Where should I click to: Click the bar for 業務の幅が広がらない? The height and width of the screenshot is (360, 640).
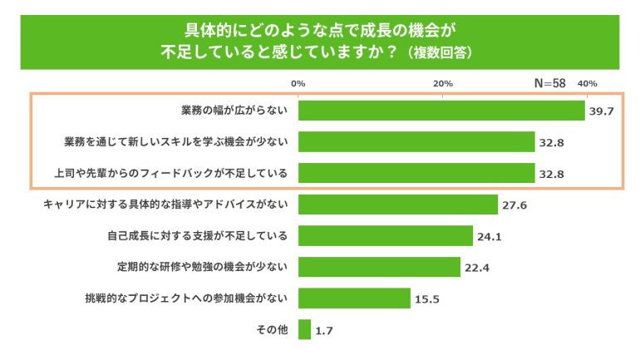441,111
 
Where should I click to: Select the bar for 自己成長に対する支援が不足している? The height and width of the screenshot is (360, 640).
385,236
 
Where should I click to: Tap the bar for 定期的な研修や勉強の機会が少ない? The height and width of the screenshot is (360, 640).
379,267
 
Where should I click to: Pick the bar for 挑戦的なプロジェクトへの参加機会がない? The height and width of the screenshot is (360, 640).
354,298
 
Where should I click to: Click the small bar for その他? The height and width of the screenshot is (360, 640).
304,330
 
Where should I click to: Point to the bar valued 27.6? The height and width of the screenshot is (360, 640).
397,205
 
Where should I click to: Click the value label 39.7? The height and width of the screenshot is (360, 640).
601,111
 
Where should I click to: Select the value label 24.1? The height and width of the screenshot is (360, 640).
488,237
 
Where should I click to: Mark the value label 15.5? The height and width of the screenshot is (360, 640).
426,299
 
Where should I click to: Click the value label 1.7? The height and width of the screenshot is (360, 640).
323,331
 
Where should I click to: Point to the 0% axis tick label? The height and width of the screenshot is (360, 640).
298,83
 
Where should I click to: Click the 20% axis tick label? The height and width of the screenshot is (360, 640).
442,83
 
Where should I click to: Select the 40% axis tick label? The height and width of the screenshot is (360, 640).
587,83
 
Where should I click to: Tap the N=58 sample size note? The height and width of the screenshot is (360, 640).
549,83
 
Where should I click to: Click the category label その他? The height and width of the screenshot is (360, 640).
271,330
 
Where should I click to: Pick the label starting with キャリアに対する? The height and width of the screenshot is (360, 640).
165,205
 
